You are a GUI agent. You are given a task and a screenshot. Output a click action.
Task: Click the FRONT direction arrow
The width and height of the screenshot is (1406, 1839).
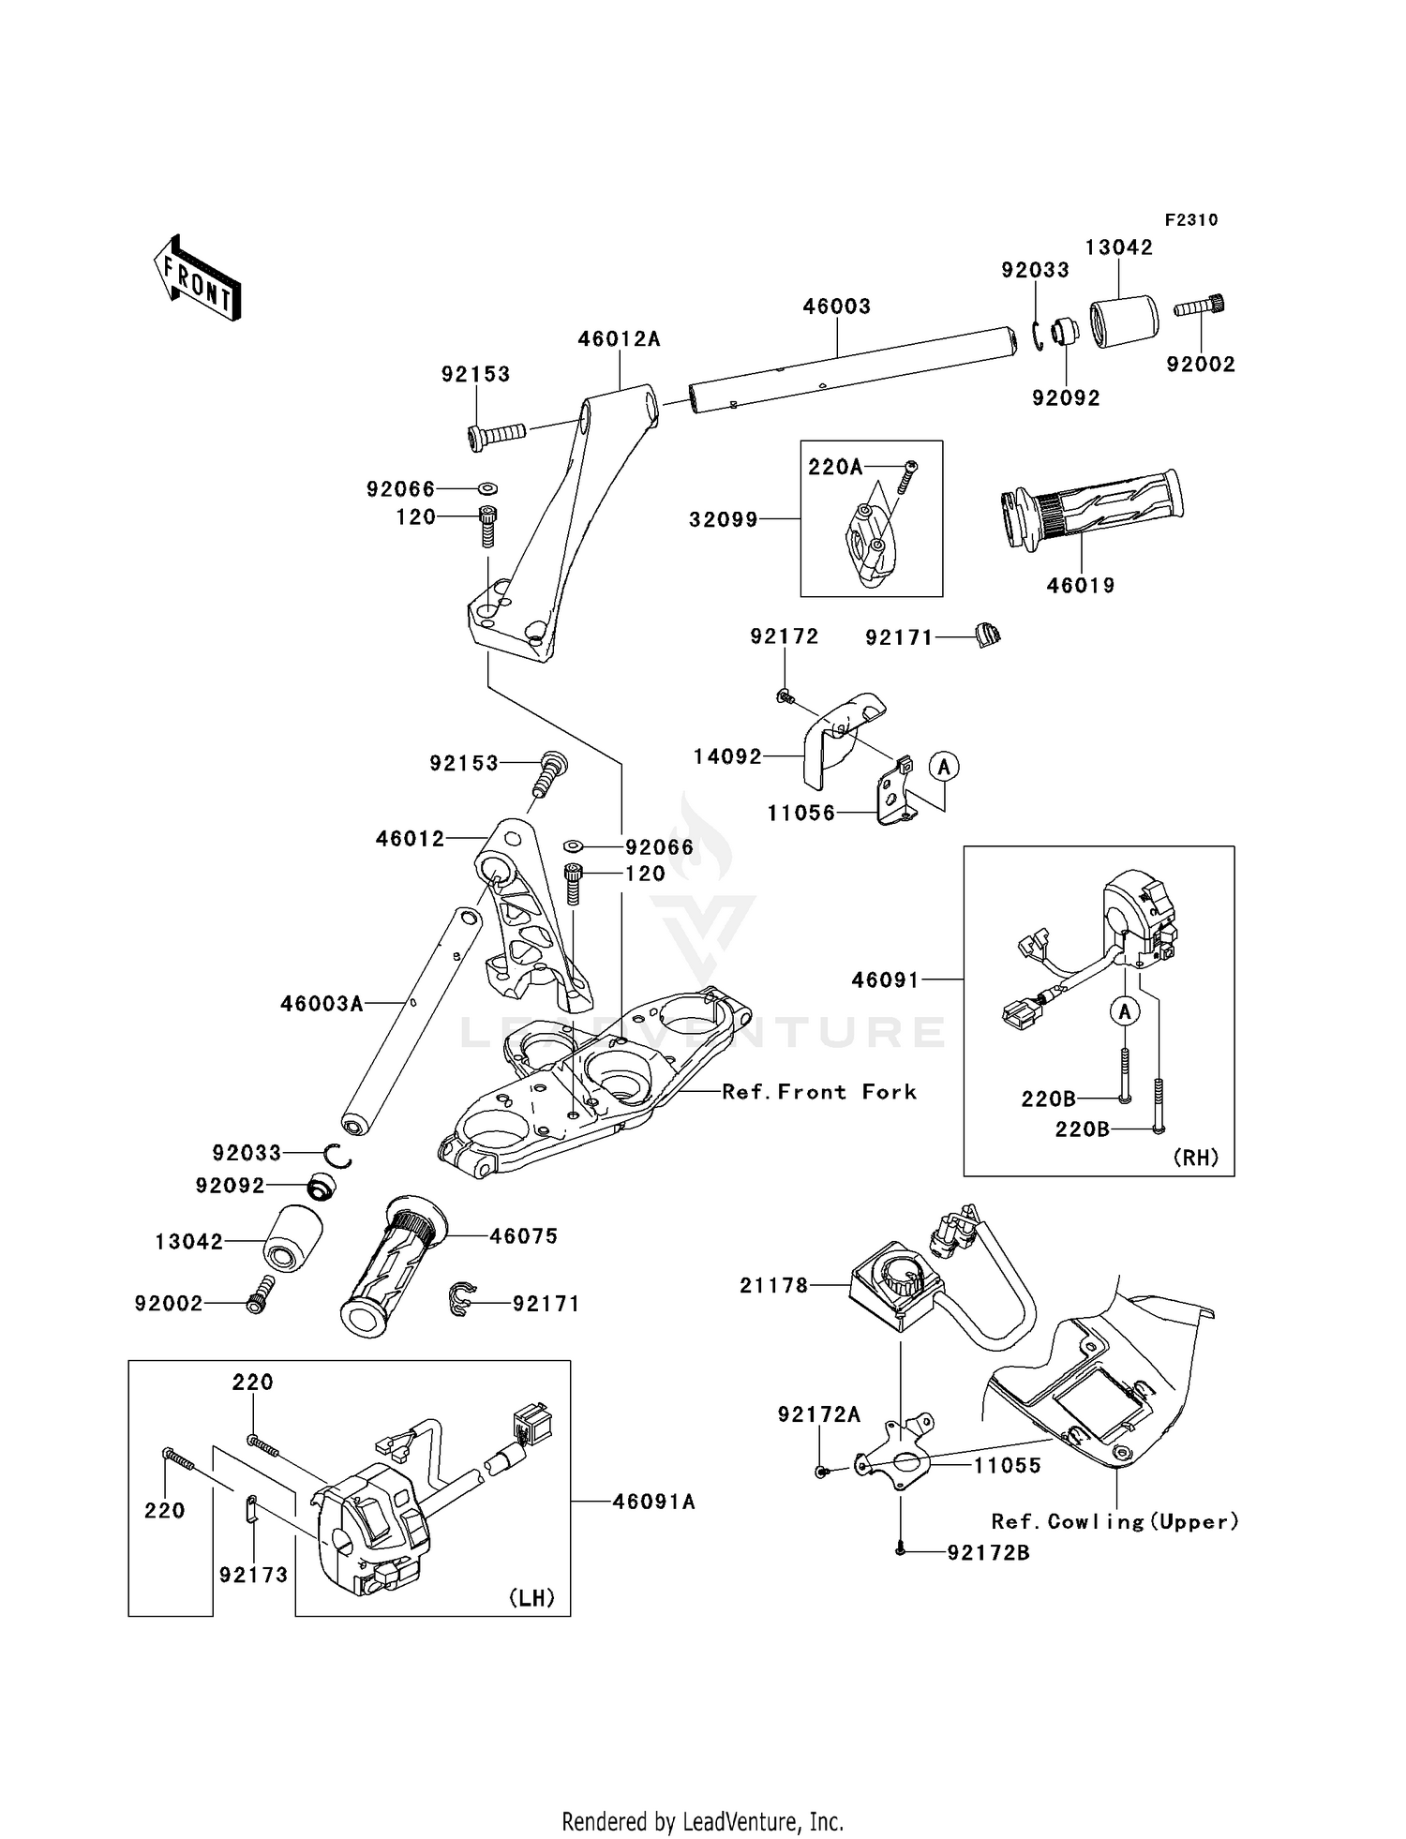pos(198,280)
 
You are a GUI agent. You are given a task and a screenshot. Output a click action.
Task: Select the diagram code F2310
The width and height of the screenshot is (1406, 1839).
pos(1191,220)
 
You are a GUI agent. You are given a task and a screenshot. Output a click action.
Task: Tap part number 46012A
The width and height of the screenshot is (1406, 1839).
pos(619,339)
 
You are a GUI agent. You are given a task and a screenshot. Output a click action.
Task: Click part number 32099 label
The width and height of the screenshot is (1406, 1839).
pos(723,519)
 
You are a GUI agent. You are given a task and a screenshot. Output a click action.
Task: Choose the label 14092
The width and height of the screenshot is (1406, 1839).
pos(727,756)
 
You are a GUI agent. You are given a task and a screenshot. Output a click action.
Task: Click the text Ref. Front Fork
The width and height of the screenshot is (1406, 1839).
pos(819,1092)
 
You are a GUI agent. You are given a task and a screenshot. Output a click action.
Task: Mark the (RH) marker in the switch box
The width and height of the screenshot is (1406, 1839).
pos(1196,1158)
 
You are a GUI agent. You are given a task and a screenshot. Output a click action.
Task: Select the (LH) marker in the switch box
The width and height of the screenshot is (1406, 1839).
pos(531,1598)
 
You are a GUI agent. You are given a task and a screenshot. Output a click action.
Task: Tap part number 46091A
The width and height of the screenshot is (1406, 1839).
pos(653,1502)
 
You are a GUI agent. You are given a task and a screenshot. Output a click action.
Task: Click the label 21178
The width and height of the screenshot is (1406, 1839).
pos(773,1286)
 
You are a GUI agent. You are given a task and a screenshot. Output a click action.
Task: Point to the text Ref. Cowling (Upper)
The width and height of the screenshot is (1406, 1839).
pos(1114,1521)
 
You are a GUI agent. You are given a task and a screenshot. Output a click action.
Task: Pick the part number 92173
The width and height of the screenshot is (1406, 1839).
pos(253,1575)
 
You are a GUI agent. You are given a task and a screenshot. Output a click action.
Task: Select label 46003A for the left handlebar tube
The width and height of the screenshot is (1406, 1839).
pos(322,1004)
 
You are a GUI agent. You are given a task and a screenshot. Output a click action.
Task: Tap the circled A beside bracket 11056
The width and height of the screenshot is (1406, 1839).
pos(944,767)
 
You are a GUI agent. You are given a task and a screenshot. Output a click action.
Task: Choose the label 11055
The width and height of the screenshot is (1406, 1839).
pos(1008,1466)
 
